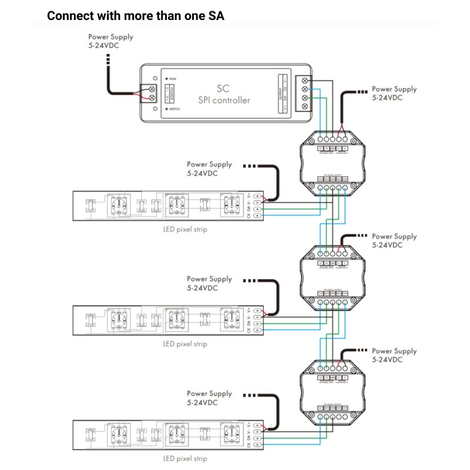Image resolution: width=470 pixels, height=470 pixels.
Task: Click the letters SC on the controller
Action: tap(223, 88)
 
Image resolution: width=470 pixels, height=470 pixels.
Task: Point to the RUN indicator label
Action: tap(172, 78)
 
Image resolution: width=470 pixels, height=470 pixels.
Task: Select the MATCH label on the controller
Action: tap(174, 109)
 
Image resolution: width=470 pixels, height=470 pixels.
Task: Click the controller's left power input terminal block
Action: tap(151, 93)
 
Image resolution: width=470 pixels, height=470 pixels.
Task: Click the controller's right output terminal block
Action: tap(304, 93)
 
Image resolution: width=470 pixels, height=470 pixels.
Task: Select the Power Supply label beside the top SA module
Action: tap(394, 93)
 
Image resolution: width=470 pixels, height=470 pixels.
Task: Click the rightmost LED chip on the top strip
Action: tap(231, 205)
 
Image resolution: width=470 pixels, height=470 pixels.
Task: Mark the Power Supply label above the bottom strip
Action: tap(209, 397)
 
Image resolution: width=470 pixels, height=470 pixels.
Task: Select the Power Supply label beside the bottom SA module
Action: tap(394, 355)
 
